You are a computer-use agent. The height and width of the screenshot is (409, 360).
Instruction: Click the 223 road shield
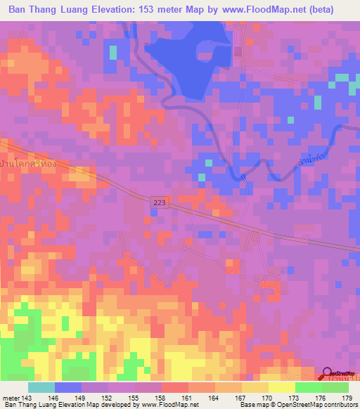pyautogui.click(x=160, y=203)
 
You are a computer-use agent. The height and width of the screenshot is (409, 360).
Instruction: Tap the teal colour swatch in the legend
pyautogui.click(x=41, y=387)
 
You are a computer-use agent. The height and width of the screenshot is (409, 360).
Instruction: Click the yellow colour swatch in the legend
pyautogui.click(x=281, y=387)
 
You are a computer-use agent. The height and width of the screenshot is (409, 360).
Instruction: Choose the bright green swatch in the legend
pyautogui.click(x=308, y=387)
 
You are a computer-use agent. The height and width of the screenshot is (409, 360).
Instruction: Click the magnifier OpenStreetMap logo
pyautogui.click(x=328, y=374)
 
